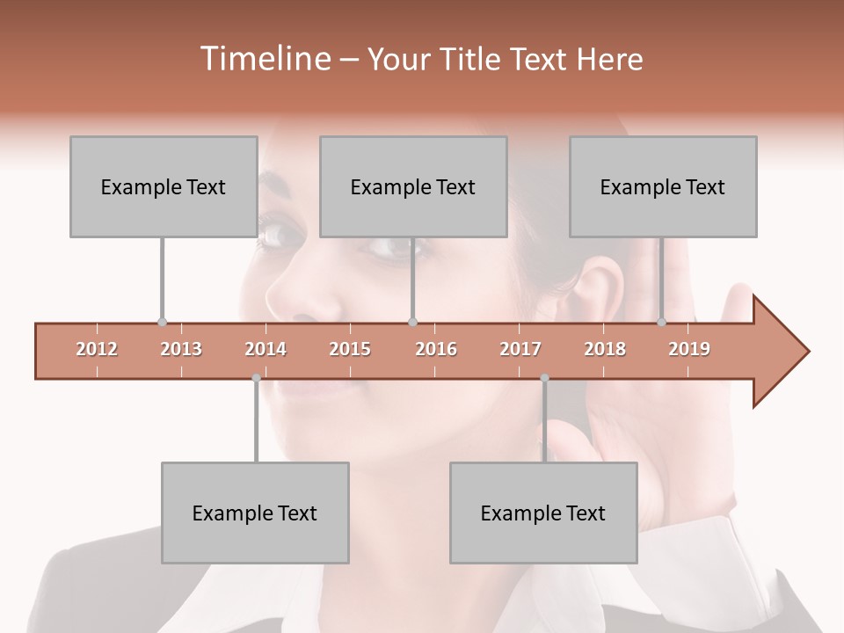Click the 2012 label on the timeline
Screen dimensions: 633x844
point(97,349)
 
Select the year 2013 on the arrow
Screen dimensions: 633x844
point(181,349)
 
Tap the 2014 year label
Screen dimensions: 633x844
point(266,349)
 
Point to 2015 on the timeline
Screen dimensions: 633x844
point(350,349)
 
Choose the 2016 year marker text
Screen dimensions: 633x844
point(436,349)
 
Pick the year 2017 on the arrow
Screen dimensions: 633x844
point(520,349)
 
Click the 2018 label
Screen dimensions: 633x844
point(605,349)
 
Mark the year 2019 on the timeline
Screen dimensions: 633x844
point(689,349)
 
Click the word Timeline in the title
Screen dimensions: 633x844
point(264,59)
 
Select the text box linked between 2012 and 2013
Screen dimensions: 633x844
point(164,186)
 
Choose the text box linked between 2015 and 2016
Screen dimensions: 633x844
point(413,186)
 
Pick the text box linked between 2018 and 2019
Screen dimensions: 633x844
point(663,186)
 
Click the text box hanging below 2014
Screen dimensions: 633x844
point(255,513)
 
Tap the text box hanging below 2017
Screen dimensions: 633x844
point(543,513)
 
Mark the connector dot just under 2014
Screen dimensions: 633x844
point(256,378)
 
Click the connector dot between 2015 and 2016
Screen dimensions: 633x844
point(412,322)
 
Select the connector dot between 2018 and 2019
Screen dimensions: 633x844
point(662,322)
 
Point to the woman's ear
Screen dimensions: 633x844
point(607,286)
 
